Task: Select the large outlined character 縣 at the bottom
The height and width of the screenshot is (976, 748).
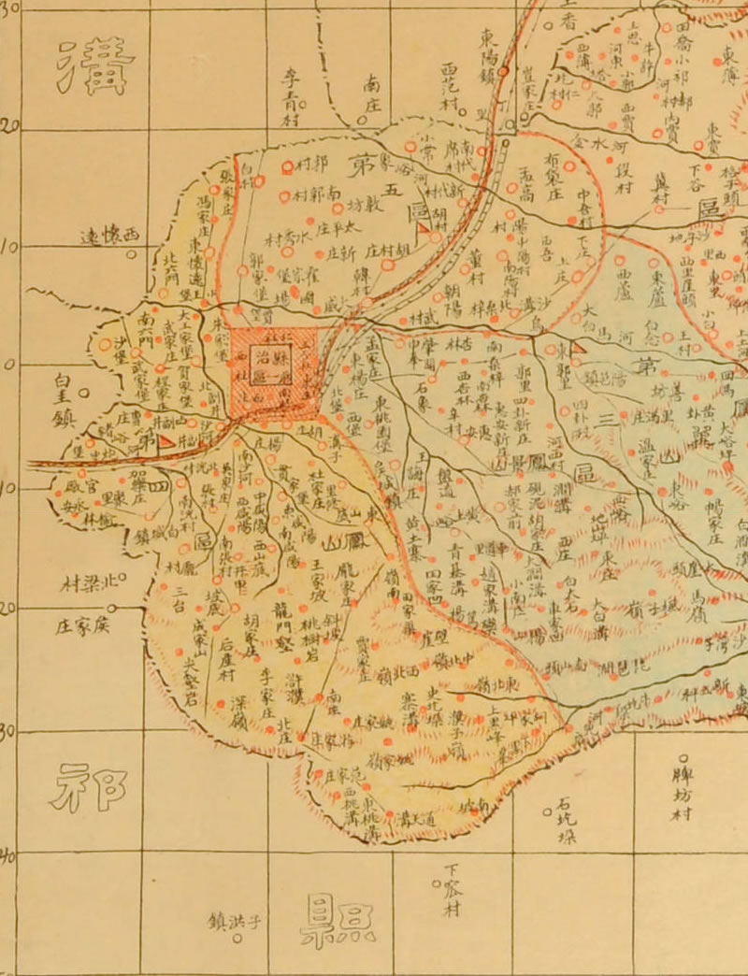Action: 337,920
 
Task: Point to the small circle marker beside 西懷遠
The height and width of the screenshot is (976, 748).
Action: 132,253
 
